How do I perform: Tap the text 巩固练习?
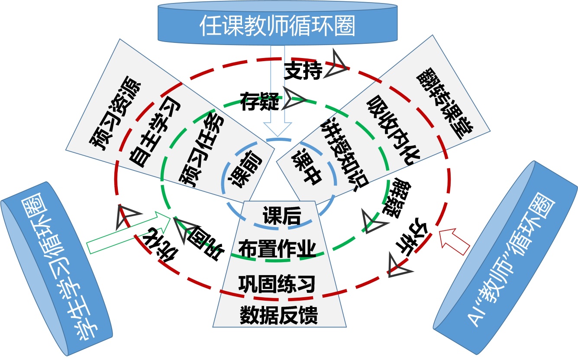click(277, 283)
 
